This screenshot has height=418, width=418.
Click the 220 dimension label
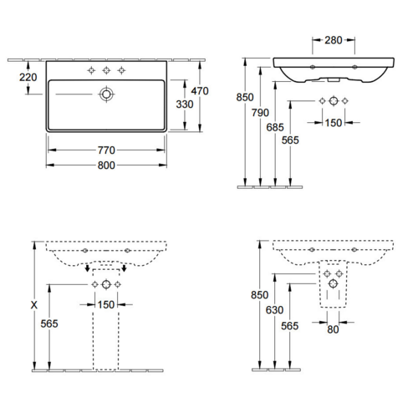click(x=28, y=77)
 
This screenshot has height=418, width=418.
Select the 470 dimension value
click(x=200, y=91)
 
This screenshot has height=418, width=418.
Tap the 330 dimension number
click(x=185, y=104)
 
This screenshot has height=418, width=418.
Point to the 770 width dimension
click(x=106, y=150)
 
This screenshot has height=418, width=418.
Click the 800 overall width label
click(x=106, y=166)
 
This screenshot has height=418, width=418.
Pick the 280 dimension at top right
click(x=334, y=40)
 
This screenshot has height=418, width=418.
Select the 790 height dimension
click(x=260, y=113)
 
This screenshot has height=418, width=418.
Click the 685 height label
click(x=275, y=127)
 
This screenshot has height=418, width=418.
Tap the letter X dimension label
click(x=34, y=305)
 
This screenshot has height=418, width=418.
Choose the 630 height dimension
click(x=274, y=310)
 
